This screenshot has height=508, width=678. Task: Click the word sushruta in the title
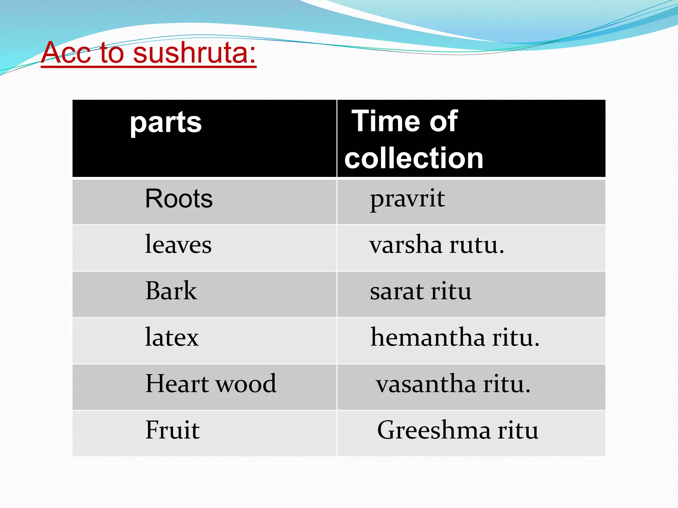pyautogui.click(x=195, y=53)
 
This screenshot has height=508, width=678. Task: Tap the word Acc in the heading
pyautogui.click(x=66, y=53)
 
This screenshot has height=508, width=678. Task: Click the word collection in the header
pyautogui.click(x=414, y=158)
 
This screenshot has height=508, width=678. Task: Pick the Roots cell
pyautogui.click(x=179, y=199)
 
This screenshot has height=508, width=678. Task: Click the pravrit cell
pyautogui.click(x=407, y=199)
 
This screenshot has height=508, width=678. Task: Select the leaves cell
pyautogui.click(x=178, y=245)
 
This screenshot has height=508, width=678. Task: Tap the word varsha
pyautogui.click(x=406, y=246)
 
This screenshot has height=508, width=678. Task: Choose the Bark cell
pyautogui.click(x=171, y=291)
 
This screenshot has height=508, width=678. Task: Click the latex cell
pyautogui.click(x=172, y=337)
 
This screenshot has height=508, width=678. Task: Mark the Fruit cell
pyautogui.click(x=172, y=430)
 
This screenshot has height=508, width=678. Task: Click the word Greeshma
pyautogui.click(x=434, y=431)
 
